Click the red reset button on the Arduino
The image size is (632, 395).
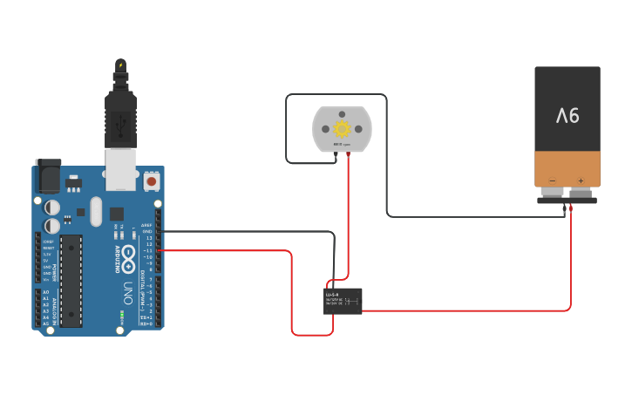pyautogui.click(x=152, y=181)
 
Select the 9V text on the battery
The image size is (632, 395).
pyautogui.click(x=567, y=114)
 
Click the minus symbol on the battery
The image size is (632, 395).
pyautogui.click(x=552, y=180)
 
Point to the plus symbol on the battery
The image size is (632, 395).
pyautogui.click(x=581, y=180)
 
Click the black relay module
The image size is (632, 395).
pyautogui.click(x=343, y=301)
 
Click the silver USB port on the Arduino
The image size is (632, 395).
pyautogui.click(x=120, y=169)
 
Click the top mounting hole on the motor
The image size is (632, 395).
pyautogui.click(x=342, y=113)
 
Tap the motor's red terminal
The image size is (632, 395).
pyautogui.click(x=349, y=153)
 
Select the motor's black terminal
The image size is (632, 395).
pyautogui.click(x=335, y=153)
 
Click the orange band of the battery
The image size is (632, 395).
pyautogui.click(x=567, y=168)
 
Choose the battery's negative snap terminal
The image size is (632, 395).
pyautogui.click(x=554, y=193)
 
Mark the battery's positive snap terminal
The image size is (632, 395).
pyautogui.click(x=581, y=193)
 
